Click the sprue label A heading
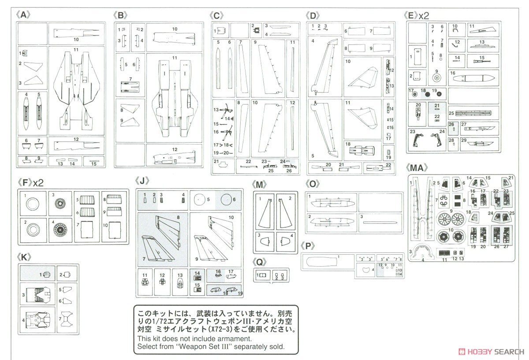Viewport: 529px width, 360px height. pos(24,15)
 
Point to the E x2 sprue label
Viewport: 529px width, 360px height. pos(416,15)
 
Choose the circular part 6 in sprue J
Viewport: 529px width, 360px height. pos(227,201)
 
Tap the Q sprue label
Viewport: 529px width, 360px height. pos(260,262)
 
